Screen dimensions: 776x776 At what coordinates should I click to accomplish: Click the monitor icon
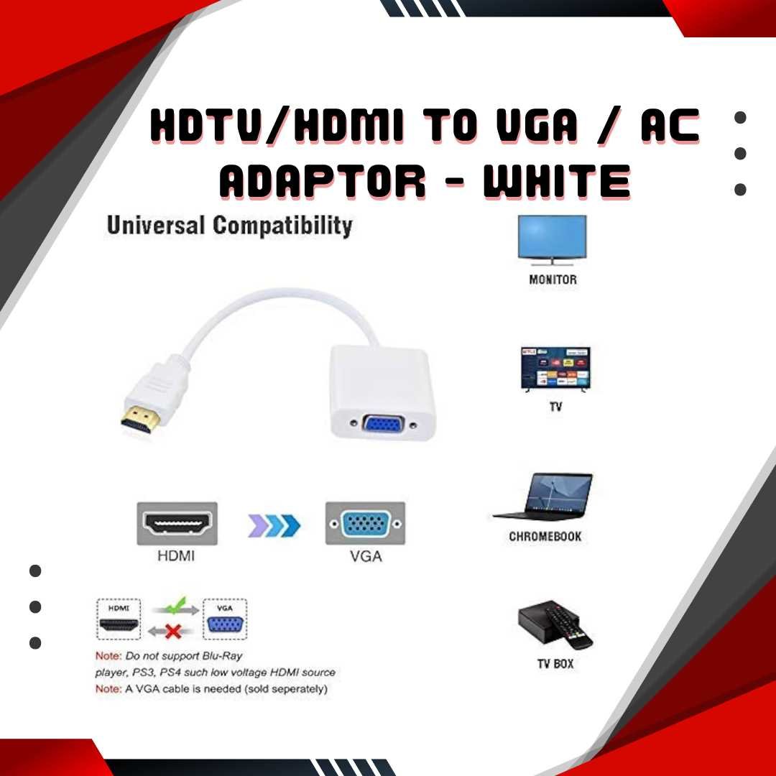(552, 240)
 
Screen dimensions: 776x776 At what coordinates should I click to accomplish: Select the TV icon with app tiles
(555, 369)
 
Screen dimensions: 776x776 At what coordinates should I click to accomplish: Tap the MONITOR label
(553, 280)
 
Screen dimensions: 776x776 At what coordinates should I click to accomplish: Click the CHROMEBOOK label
(545, 537)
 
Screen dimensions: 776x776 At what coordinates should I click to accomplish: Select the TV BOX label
(555, 664)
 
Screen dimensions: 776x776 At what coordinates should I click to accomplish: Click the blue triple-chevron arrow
(274, 525)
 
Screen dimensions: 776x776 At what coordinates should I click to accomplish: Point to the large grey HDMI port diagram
(177, 524)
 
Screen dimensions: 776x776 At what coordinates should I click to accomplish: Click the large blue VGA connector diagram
(365, 524)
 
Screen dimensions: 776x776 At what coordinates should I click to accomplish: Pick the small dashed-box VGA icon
(225, 619)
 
